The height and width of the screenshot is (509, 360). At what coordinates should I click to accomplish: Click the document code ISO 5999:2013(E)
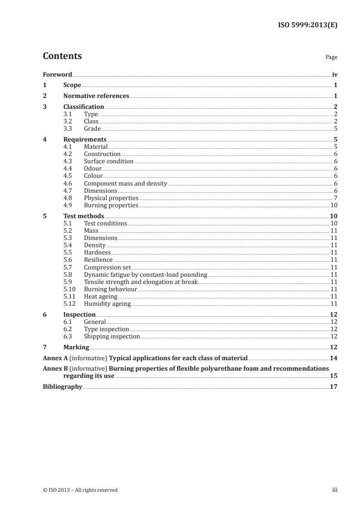click(x=307, y=25)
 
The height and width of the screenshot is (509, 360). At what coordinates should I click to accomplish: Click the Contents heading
click(x=62, y=56)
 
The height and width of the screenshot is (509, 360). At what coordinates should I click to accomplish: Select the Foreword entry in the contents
click(x=57, y=74)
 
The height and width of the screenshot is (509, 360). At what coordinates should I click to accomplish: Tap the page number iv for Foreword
click(x=335, y=74)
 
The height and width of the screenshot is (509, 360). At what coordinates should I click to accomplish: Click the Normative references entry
click(x=96, y=96)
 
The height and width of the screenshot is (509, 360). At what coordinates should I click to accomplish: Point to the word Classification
click(x=84, y=107)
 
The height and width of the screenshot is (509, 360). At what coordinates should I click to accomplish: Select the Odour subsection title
click(x=93, y=169)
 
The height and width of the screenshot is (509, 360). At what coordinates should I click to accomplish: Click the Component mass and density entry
click(x=126, y=183)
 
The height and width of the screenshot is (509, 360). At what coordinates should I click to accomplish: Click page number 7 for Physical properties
click(x=335, y=198)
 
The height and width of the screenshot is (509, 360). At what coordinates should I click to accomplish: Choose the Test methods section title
click(x=84, y=216)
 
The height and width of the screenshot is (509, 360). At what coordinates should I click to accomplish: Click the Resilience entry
click(x=98, y=260)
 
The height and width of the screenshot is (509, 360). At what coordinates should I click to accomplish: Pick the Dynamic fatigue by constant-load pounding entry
click(x=145, y=274)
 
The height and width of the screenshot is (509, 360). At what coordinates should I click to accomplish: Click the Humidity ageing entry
click(x=107, y=303)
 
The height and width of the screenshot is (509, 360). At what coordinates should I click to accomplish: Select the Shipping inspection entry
click(x=112, y=336)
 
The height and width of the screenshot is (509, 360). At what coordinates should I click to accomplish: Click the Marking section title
click(x=76, y=347)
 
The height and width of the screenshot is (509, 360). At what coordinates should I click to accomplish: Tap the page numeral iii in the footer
click(x=335, y=490)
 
